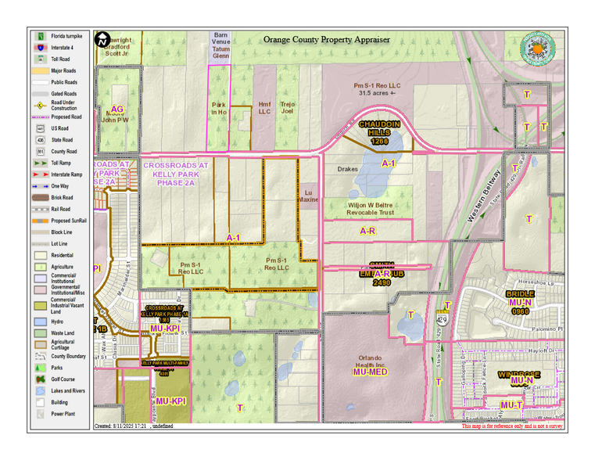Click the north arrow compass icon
click(102, 39)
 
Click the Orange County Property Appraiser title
click(326, 39)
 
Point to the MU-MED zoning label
click(371, 372)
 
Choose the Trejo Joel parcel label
click(288, 107)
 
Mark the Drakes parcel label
click(347, 169)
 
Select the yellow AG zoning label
click(117, 109)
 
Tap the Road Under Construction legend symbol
click(39, 105)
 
